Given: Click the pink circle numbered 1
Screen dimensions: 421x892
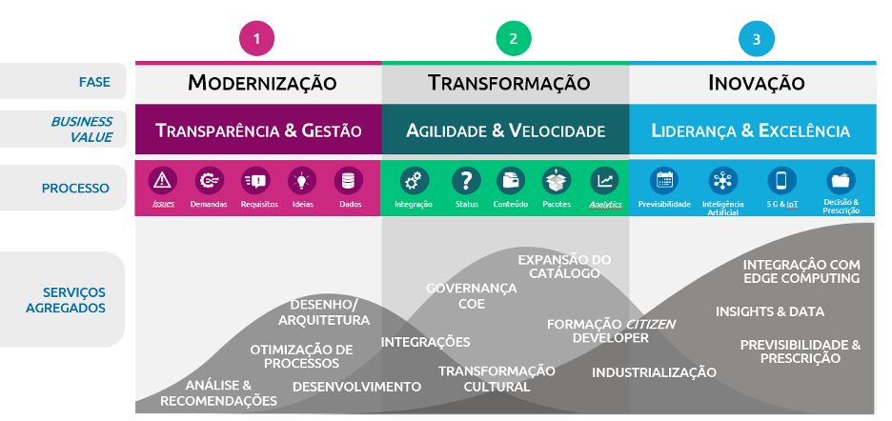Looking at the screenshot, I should click(257, 39).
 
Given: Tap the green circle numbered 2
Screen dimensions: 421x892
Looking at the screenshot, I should click(514, 39).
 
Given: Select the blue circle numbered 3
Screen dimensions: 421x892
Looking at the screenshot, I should click(757, 39).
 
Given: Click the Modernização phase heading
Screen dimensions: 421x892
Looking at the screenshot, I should click(262, 83).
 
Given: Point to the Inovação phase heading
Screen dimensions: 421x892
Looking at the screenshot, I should click(757, 83).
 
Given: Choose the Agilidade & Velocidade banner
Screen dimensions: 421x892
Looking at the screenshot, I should click(505, 130).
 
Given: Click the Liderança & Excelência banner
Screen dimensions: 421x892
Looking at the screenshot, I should click(751, 130).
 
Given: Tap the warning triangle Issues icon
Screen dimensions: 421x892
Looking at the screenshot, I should click(163, 180).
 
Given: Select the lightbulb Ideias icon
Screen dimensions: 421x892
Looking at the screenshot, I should click(302, 180).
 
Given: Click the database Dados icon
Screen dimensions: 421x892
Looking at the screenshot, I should click(348, 180).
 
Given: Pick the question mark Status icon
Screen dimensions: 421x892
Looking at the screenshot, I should click(466, 180).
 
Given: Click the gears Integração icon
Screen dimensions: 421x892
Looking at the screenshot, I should click(413, 180).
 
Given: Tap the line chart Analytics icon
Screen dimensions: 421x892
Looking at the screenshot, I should click(604, 180).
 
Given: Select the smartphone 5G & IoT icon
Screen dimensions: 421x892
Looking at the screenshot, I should click(781, 180).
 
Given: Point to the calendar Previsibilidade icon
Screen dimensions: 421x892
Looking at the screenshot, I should click(664, 180).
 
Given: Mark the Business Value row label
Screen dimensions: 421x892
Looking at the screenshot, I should click(81, 130).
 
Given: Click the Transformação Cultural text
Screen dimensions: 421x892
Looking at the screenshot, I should click(497, 378).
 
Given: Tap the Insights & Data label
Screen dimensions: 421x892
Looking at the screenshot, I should click(770, 311).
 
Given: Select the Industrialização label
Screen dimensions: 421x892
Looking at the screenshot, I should click(654, 372).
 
